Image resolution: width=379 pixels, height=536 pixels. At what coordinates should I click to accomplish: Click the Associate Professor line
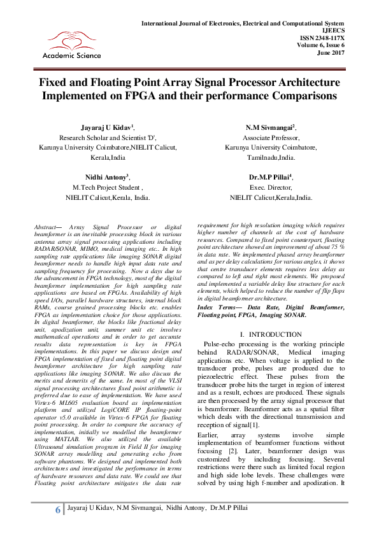pos(270,138)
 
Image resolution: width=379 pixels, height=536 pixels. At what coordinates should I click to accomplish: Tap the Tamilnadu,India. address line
pos(270,157)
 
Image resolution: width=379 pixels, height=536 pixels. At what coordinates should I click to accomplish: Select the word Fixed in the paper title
pos(55,83)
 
